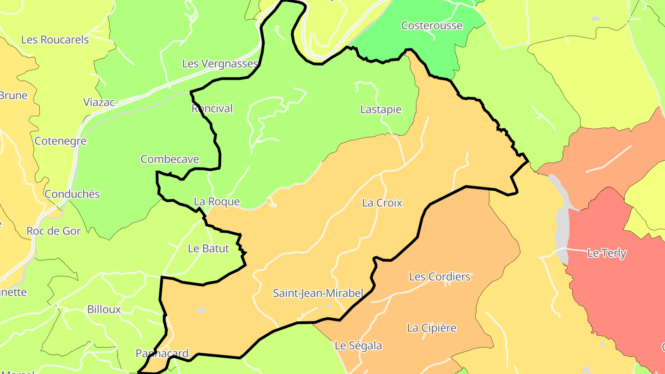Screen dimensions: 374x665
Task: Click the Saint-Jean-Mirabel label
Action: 318,293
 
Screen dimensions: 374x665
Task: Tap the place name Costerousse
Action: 431,25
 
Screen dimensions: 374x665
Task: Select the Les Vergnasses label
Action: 220,63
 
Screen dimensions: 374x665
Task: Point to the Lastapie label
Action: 381,109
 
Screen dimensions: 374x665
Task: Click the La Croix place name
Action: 382,203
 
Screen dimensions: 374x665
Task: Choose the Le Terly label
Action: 606,253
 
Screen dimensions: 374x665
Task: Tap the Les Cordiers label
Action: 439,277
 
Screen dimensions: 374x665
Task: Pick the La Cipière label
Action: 431,328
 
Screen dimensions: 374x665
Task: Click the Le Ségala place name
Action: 358,345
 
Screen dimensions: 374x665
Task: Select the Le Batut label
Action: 208,248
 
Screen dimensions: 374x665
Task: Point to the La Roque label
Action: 217,201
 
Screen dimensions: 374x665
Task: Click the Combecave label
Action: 169,159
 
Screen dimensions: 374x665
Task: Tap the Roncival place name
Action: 212,109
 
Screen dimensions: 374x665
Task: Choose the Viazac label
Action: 99,102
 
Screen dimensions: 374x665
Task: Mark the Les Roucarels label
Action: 55,40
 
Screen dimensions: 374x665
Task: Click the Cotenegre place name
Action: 60,141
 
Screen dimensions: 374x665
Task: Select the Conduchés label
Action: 72,194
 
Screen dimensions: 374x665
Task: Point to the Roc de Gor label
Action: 54,231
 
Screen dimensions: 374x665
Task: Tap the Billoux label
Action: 104,309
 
